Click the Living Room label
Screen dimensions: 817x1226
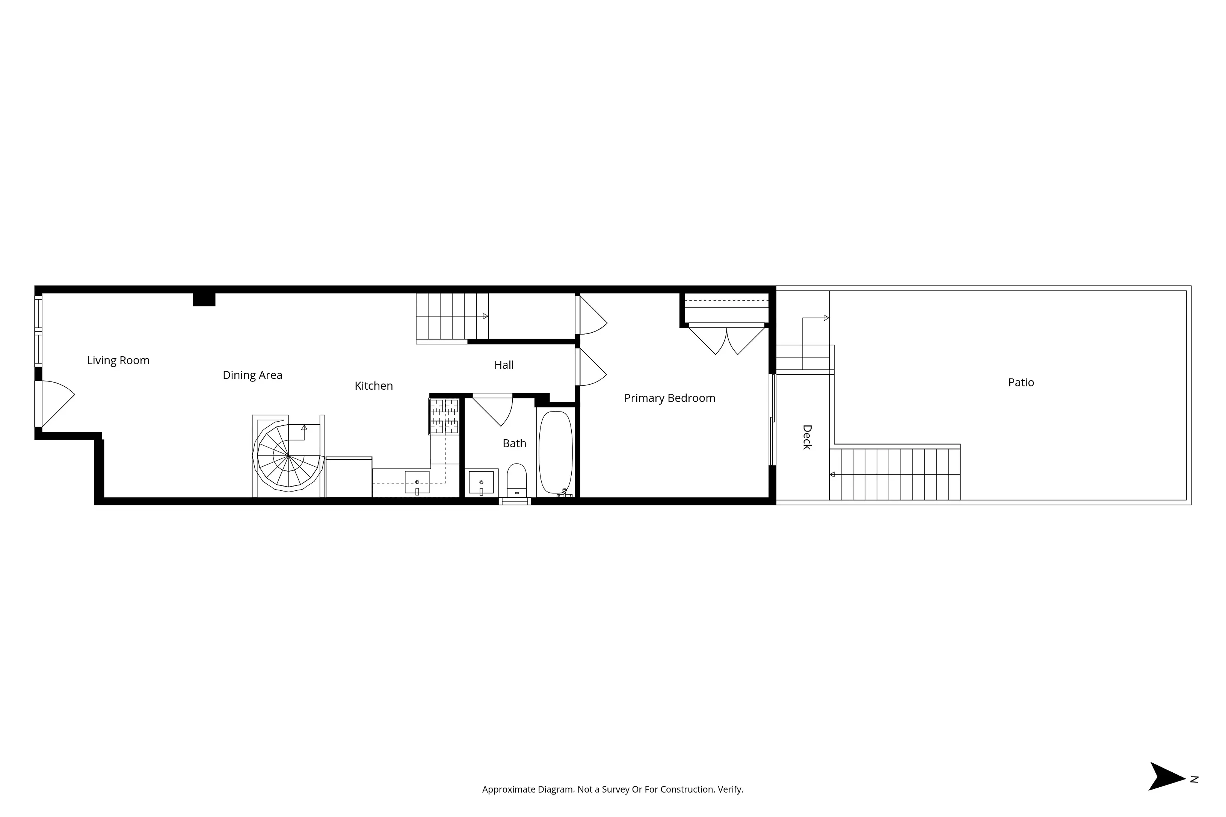click(118, 360)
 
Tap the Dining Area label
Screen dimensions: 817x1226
click(252, 375)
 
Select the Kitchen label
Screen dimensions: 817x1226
click(373, 386)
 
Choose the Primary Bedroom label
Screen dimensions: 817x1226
click(669, 398)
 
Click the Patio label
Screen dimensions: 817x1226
click(1021, 383)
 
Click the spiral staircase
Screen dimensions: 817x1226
click(288, 457)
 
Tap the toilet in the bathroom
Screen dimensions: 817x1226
click(516, 480)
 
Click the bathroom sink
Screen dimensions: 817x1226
click(481, 482)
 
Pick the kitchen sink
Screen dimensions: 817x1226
click(417, 482)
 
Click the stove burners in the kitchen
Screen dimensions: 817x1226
click(444, 416)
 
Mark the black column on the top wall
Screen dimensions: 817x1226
click(204, 299)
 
